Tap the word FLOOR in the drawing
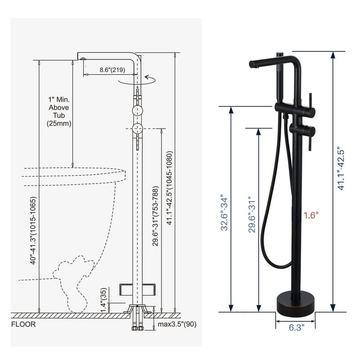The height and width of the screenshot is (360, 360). coord(23,324)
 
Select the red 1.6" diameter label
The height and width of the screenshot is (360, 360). coord(310,215)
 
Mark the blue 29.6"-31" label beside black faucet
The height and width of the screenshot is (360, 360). coord(252,214)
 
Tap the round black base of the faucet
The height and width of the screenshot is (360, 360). coord(295,301)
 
